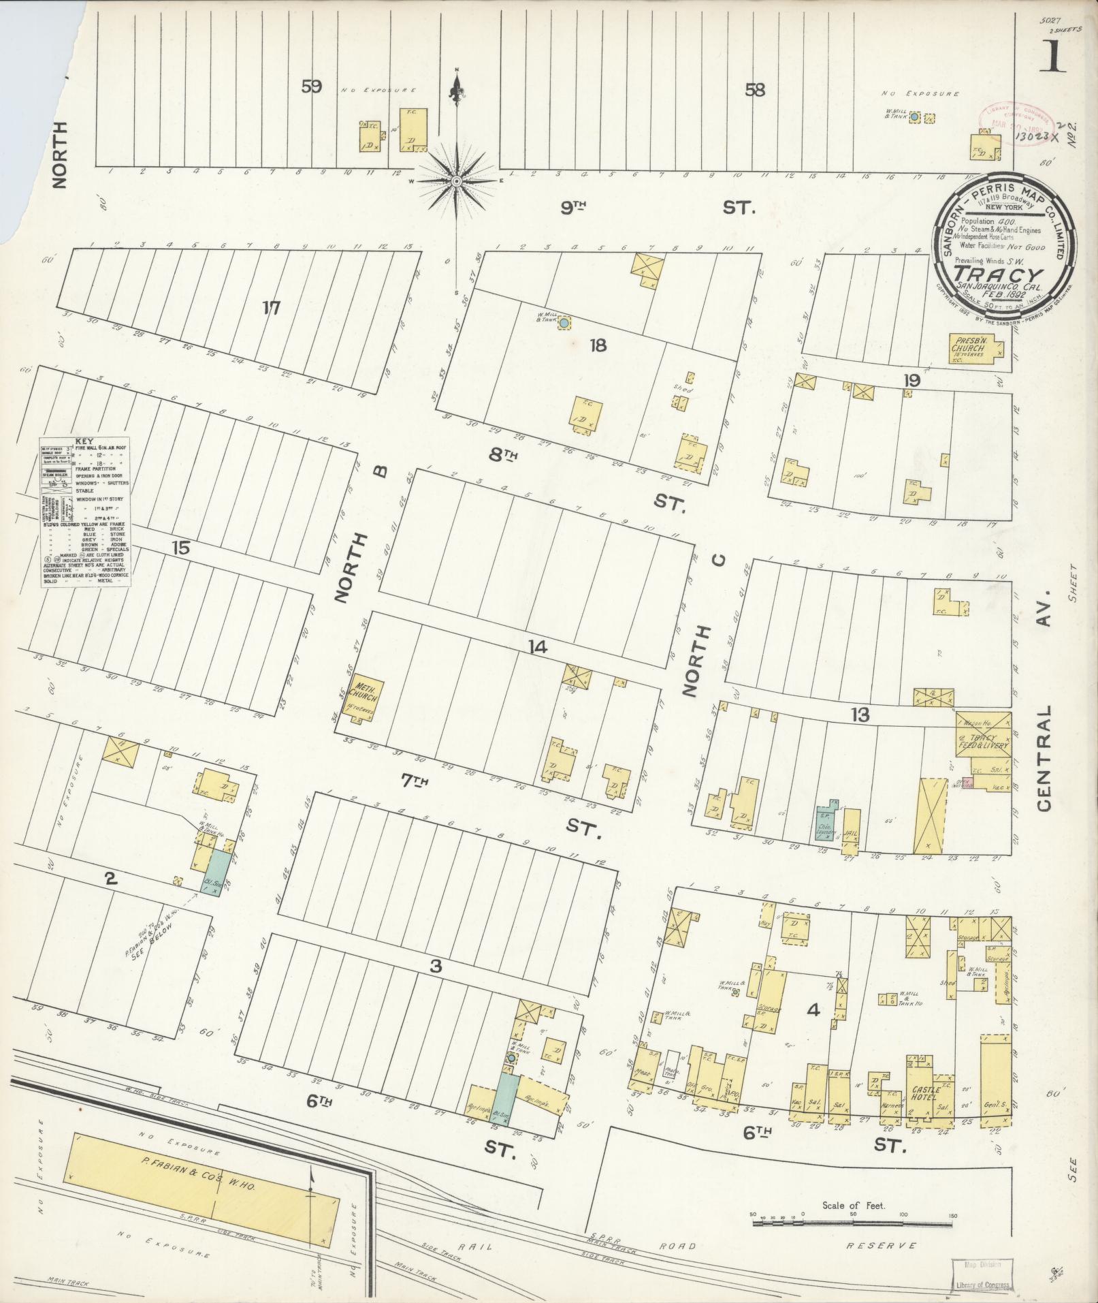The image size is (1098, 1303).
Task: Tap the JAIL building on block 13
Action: click(851, 831)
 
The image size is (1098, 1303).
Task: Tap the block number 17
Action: click(272, 309)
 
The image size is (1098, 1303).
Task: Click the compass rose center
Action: click(457, 181)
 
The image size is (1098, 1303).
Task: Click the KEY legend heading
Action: click(85, 441)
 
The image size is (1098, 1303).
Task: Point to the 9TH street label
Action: click(574, 208)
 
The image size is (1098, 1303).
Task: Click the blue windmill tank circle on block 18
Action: click(564, 323)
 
